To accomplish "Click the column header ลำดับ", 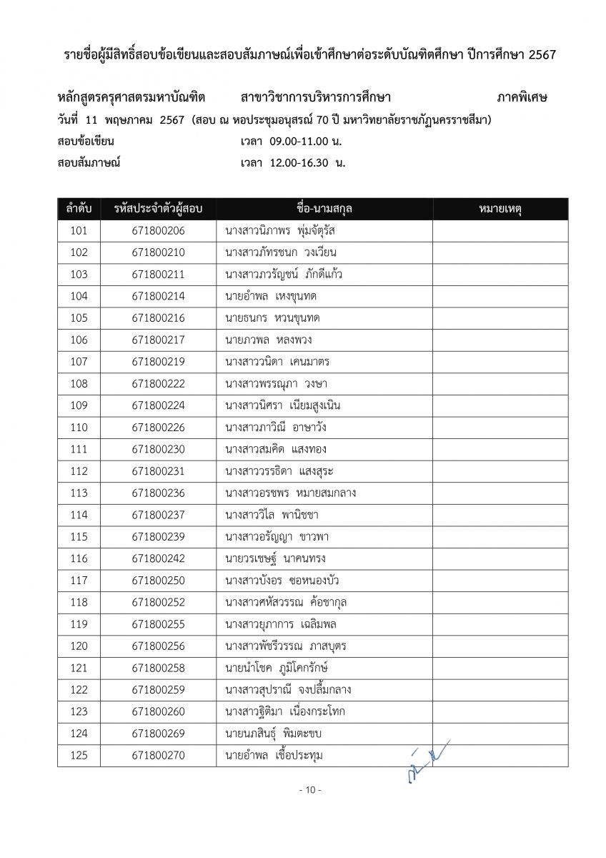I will [x=79, y=209].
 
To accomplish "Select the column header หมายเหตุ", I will [x=500, y=209].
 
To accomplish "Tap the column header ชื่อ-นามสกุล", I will [x=324, y=209].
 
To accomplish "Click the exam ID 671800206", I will [x=158, y=231].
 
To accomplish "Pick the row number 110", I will [x=79, y=428].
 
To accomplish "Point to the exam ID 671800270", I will [x=158, y=755].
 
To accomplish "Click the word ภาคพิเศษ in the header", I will [x=522, y=98].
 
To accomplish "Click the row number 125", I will [x=79, y=755].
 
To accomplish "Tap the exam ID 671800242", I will [x=158, y=558].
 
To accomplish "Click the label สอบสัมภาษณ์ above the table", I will [x=89, y=162].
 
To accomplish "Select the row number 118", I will [x=79, y=602].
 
